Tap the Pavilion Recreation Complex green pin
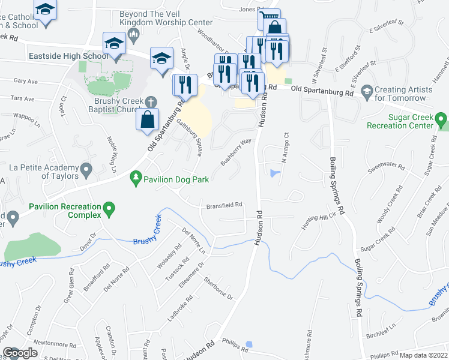(x=109, y=209)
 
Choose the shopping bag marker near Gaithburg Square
(x=147, y=119)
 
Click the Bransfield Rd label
(x=224, y=205)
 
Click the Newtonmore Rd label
(x=52, y=341)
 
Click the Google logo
(x=20, y=353)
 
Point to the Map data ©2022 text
(x=423, y=355)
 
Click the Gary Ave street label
(x=25, y=80)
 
